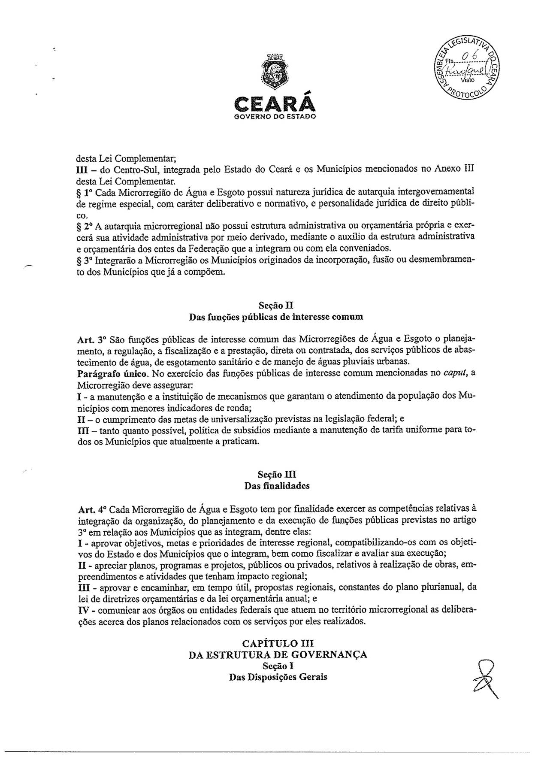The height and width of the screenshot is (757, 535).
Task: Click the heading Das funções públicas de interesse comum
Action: click(276, 318)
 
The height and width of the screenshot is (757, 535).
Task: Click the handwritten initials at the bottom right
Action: click(485, 678)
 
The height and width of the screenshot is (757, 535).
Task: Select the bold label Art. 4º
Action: click(92, 509)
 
